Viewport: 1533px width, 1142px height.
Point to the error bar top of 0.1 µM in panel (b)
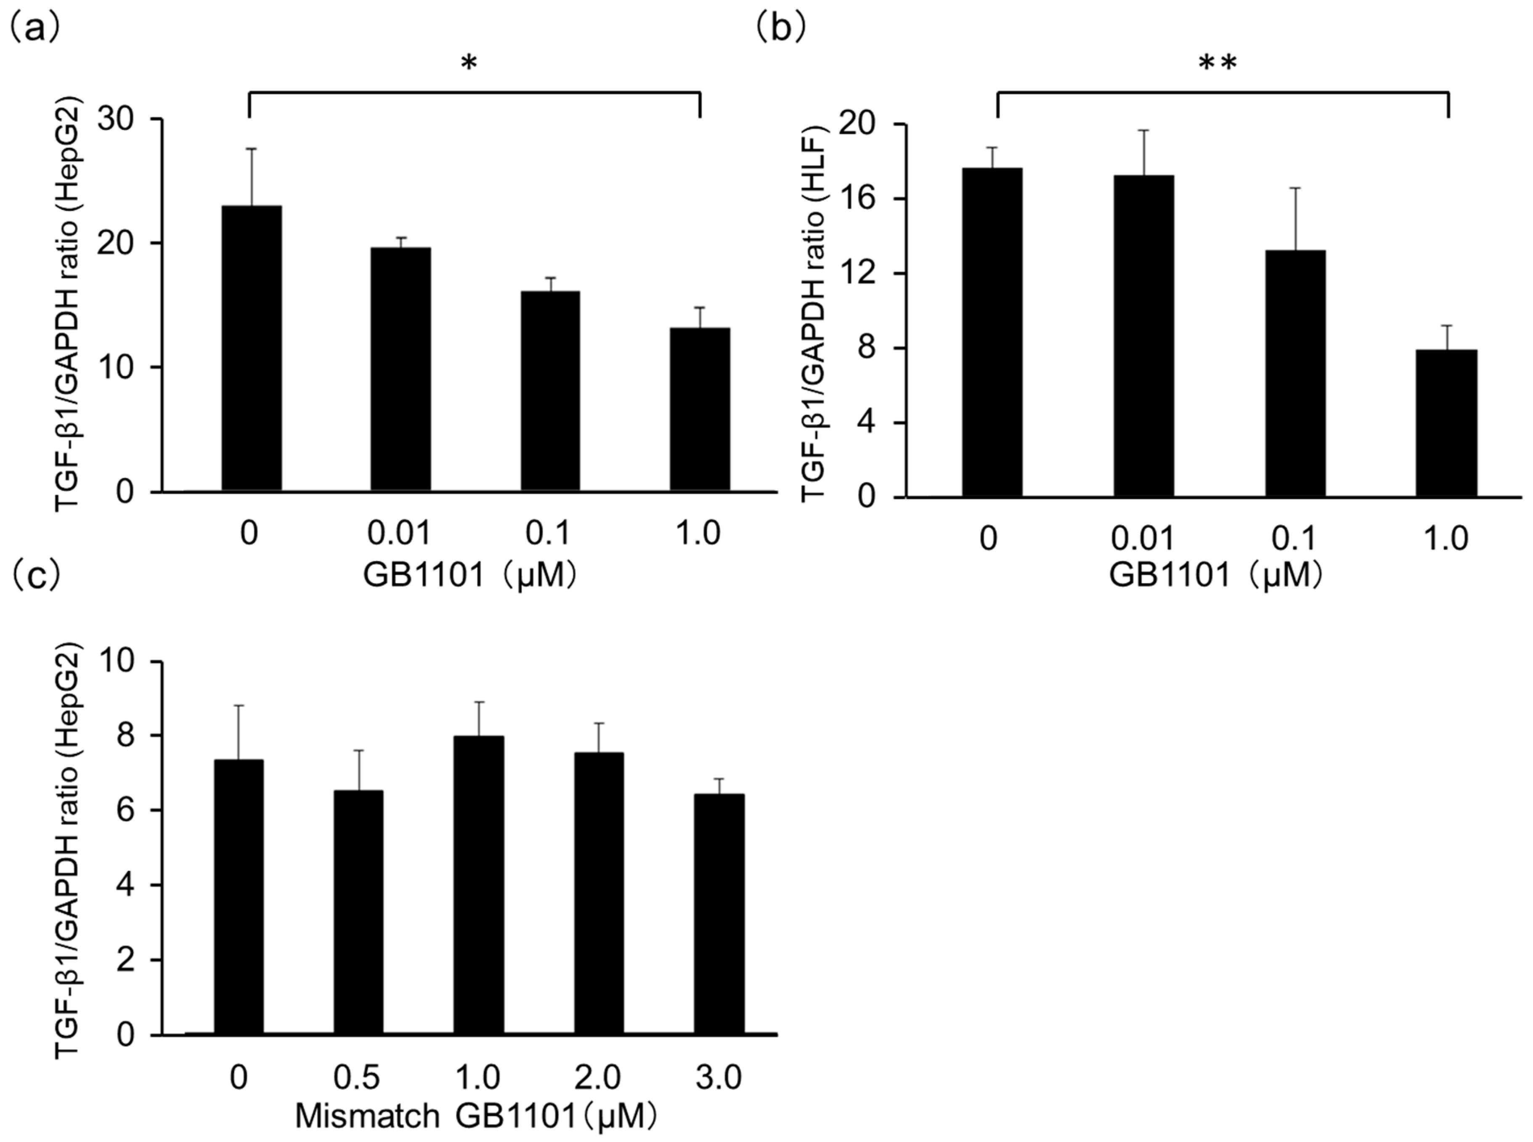(1295, 188)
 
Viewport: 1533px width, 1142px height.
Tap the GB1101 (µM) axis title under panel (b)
(1217, 576)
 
